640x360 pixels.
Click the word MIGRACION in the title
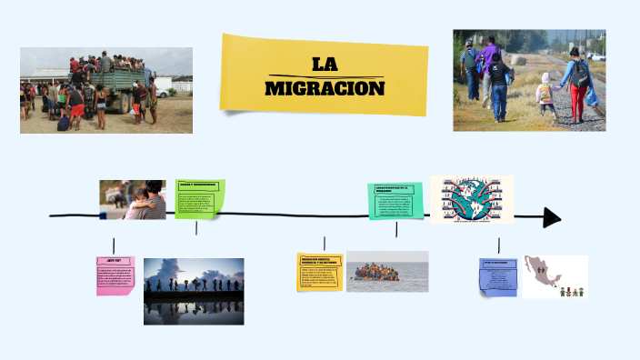325,88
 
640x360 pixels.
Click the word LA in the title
325,65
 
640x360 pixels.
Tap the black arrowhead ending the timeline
552,217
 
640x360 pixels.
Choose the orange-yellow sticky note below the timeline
320,272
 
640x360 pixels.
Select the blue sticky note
498,276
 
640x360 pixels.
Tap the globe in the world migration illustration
472,199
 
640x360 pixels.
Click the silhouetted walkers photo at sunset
194,291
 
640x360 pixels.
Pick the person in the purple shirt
492,68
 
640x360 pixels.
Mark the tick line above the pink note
114,245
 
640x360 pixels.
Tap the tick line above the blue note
498,245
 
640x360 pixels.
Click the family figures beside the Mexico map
570,291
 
